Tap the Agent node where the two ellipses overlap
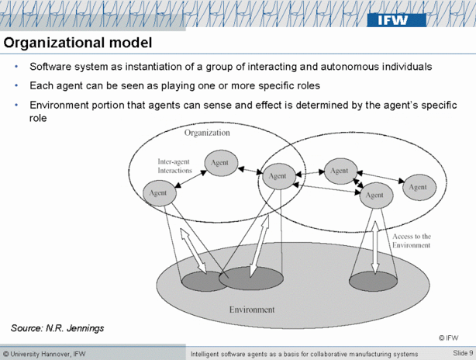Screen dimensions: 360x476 (278, 176)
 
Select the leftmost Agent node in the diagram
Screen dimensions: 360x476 (158, 192)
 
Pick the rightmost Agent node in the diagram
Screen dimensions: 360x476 (417, 187)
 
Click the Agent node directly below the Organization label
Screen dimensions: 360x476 (218, 162)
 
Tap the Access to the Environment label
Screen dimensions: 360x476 (411, 241)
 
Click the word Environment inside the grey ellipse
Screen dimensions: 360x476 (251, 310)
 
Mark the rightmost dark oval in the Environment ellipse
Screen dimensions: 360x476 (374, 282)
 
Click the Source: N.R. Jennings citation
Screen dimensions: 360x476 (57, 328)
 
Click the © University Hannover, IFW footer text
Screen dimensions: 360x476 (45, 354)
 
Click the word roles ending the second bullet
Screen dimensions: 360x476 (305, 85)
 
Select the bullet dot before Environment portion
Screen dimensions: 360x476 (16, 105)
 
